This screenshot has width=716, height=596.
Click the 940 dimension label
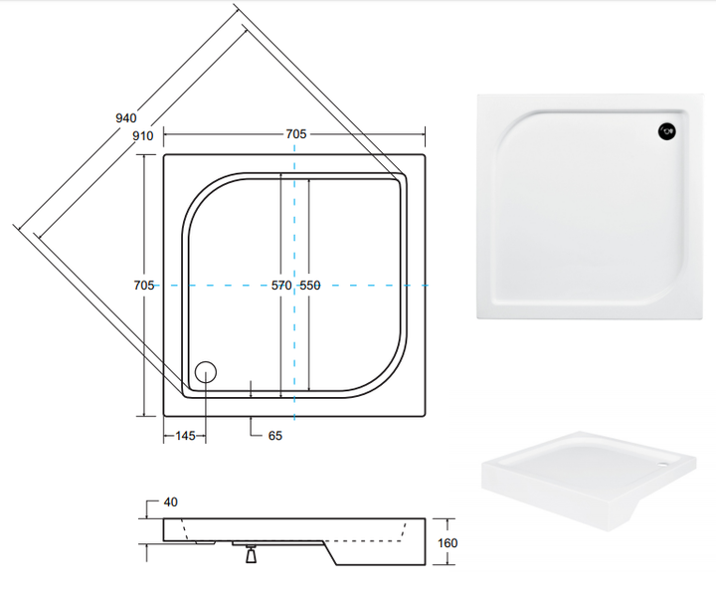coord(126,118)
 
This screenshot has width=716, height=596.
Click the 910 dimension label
coord(143,135)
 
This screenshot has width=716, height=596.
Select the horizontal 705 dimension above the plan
coord(296,134)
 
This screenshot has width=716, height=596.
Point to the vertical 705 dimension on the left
coord(144,286)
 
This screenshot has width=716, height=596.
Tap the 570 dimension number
coord(281,286)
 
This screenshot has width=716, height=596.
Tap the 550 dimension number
coord(310,286)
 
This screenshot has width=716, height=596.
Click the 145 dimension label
coord(185,436)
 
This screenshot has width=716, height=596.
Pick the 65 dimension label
coord(274,436)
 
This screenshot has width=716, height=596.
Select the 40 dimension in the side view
coord(170,501)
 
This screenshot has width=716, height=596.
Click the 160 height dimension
coord(447,543)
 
